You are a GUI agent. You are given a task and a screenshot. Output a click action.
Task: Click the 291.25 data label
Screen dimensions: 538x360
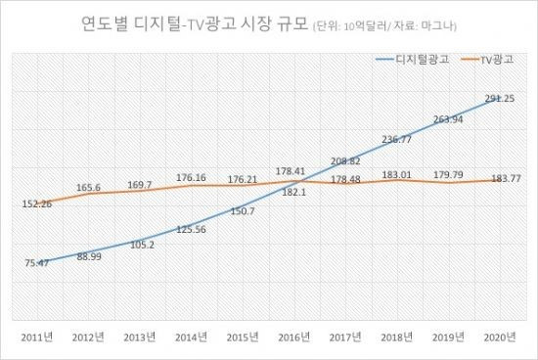click(x=500, y=99)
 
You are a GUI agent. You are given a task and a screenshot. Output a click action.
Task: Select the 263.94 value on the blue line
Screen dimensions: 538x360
click(x=448, y=119)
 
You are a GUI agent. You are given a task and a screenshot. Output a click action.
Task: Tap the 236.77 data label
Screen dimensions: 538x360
click(x=396, y=139)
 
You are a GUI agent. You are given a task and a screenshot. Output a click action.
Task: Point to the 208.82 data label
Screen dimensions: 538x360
click(x=345, y=161)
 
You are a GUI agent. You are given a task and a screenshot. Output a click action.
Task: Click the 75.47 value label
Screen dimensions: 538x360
click(x=37, y=263)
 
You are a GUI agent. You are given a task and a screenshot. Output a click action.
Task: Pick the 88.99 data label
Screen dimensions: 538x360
click(x=89, y=256)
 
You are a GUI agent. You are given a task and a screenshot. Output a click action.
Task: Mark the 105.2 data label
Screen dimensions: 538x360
click(x=143, y=245)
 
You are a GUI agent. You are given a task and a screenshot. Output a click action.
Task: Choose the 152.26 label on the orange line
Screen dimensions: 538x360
click(x=37, y=203)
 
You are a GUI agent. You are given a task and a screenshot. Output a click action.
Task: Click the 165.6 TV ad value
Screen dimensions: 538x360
click(x=88, y=188)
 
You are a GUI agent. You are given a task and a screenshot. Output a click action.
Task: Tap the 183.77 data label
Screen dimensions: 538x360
click(x=506, y=178)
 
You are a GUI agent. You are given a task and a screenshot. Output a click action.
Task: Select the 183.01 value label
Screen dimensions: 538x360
click(x=396, y=175)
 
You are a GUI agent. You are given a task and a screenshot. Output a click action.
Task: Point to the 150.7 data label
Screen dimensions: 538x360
click(x=243, y=211)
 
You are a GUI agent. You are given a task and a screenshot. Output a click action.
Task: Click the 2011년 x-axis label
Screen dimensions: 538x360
click(x=37, y=337)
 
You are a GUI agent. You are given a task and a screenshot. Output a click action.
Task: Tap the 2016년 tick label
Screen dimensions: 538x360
click(x=294, y=337)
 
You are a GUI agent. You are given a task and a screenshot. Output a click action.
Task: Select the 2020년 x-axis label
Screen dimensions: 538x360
click(x=500, y=337)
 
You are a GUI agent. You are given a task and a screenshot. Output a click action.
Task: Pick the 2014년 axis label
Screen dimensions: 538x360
click(x=191, y=337)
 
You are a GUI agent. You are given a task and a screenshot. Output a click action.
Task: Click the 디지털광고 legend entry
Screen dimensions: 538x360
click(x=412, y=60)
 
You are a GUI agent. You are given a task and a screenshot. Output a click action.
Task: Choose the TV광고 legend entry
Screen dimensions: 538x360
click(x=487, y=60)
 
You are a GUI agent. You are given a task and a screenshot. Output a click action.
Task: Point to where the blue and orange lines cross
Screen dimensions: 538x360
click(x=302, y=181)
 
